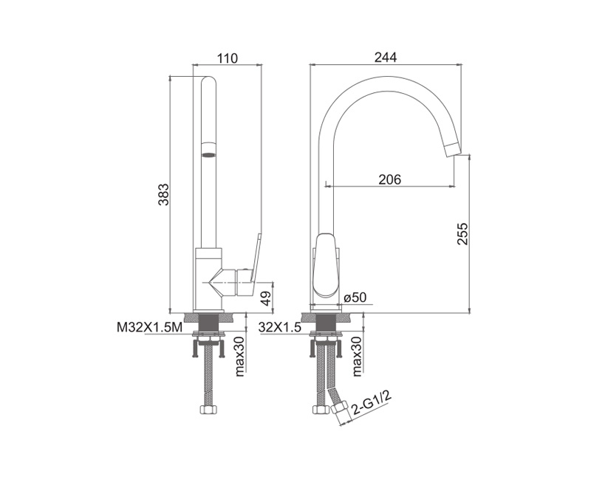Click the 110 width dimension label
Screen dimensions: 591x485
pos(228,58)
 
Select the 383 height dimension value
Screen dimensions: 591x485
pos(163,194)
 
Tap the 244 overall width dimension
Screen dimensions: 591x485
pos(386,58)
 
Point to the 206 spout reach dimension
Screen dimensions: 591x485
pos(390,179)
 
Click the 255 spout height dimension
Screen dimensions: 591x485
pos(462,234)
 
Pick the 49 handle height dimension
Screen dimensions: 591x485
pos(266,298)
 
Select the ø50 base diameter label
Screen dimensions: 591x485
pos(355,297)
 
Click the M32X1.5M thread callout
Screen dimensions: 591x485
pos(150,328)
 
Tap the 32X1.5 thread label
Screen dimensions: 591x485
pos(280,328)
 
